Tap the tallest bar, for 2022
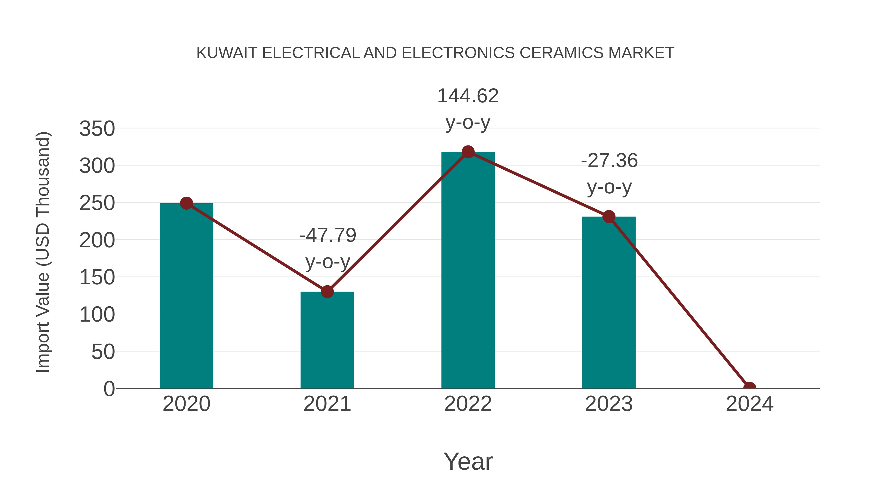(468, 271)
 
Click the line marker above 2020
(186, 203)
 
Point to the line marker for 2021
(327, 292)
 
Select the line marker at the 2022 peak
(468, 152)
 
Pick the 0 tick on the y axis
(109, 389)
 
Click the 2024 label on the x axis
(750, 404)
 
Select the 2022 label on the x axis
(468, 404)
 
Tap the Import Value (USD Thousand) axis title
(43, 252)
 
